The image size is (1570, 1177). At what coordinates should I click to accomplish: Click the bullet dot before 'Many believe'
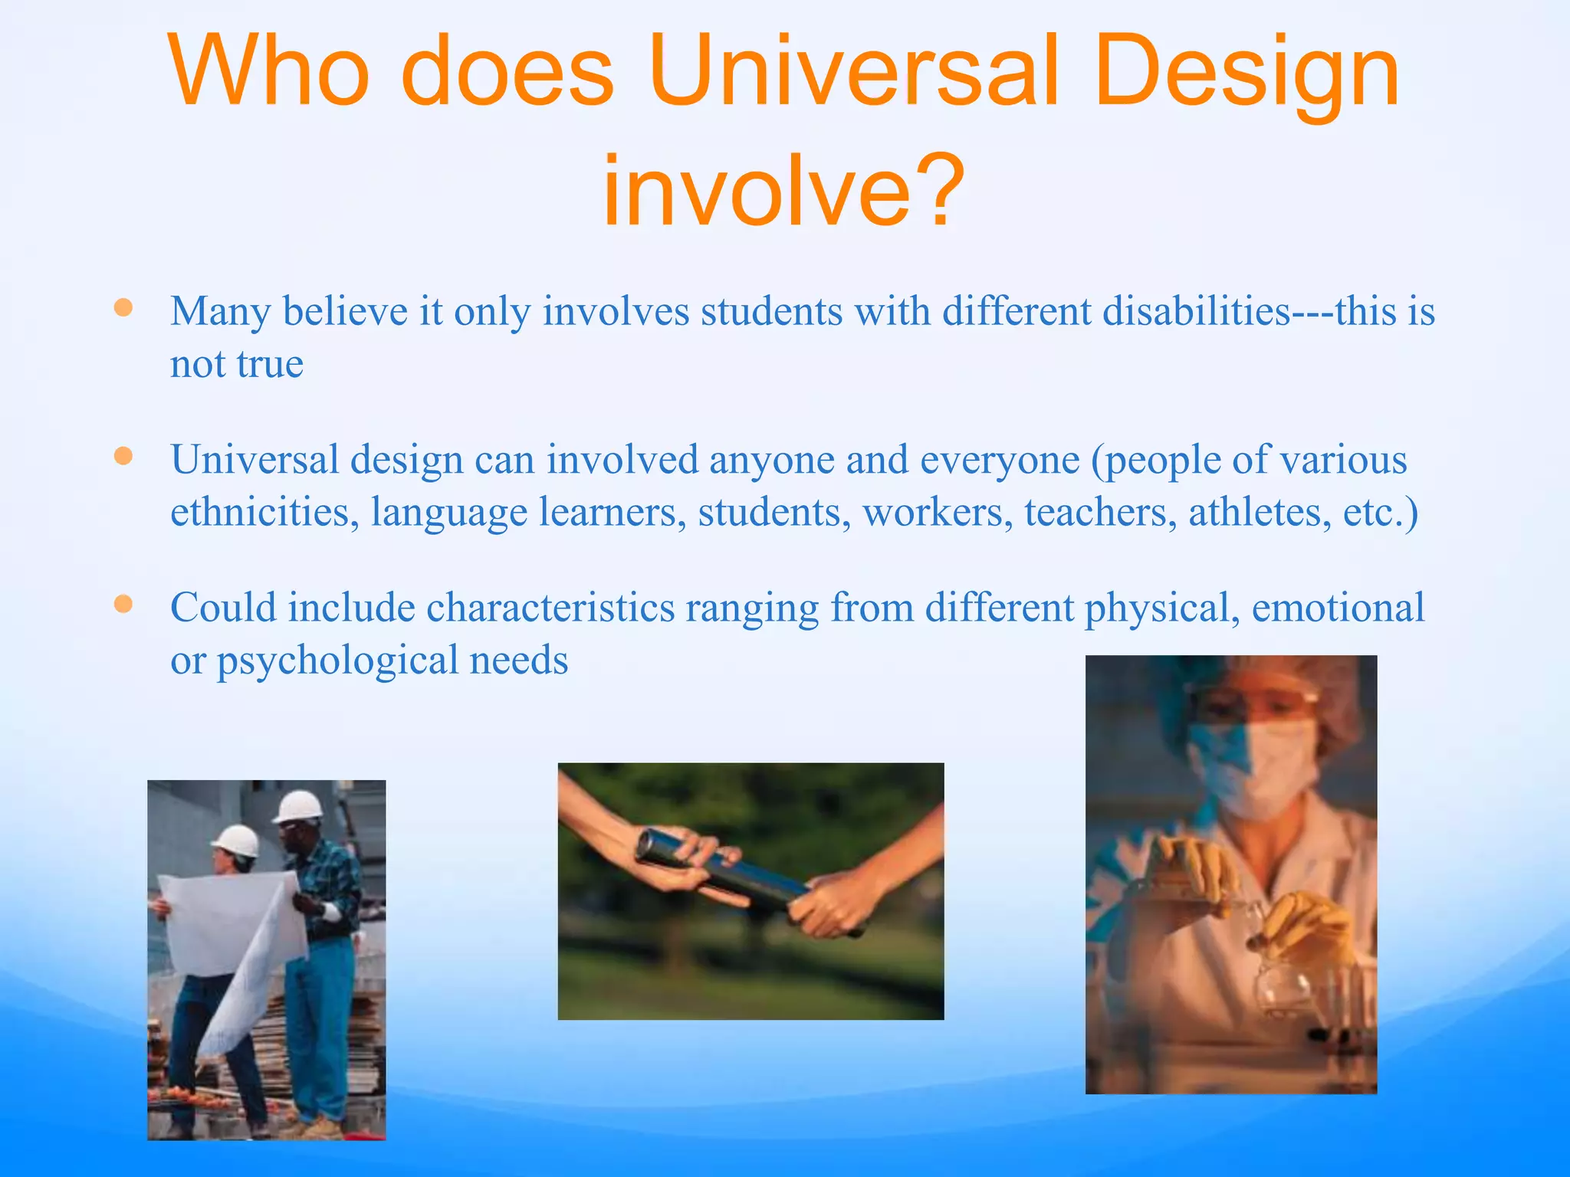[x=123, y=308]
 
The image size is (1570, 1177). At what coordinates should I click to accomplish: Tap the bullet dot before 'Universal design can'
[x=123, y=457]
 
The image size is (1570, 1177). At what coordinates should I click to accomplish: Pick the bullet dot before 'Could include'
[x=123, y=605]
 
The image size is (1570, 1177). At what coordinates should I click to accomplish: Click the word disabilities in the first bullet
[x=1115, y=311]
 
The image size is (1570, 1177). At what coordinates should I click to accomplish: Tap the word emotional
[x=1338, y=608]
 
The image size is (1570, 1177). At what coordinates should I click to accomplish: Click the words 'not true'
[x=237, y=364]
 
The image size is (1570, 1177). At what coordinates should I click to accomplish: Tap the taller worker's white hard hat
[x=298, y=807]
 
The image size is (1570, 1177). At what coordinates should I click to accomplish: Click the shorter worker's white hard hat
[x=236, y=841]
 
